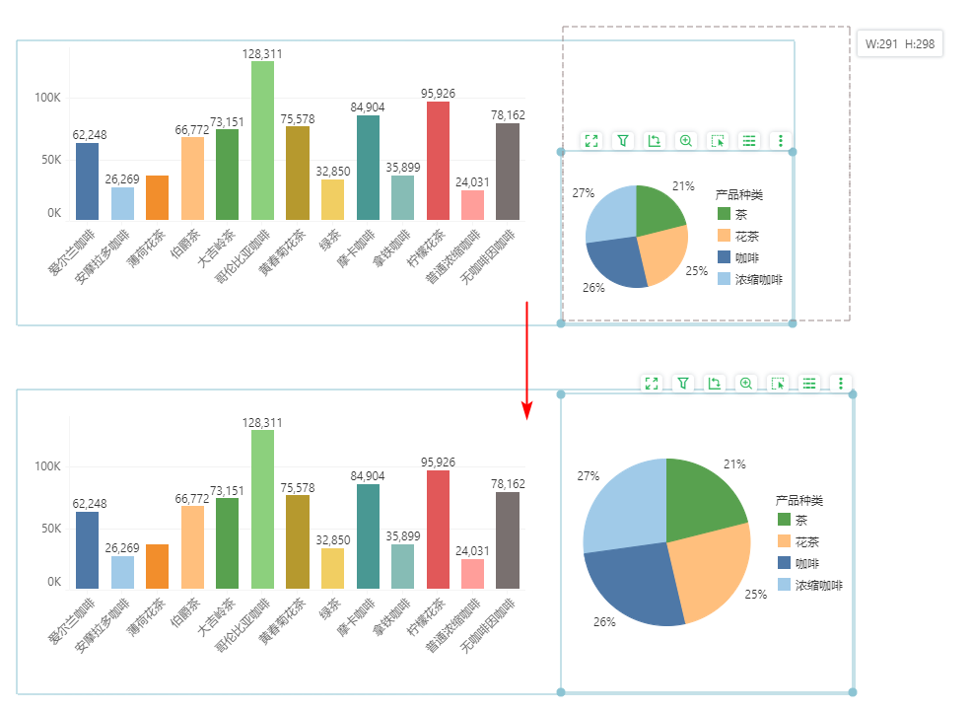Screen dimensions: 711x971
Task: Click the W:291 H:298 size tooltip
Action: click(x=900, y=43)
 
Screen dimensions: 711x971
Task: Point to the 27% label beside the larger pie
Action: click(x=589, y=475)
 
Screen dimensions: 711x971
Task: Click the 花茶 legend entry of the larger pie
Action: click(x=807, y=541)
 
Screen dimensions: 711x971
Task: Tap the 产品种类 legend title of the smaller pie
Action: click(x=739, y=195)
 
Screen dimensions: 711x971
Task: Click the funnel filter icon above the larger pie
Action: click(x=683, y=383)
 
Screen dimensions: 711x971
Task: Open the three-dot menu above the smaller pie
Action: click(x=781, y=141)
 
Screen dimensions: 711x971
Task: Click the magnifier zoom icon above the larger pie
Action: click(x=746, y=383)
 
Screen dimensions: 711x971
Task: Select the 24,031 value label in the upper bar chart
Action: click(x=472, y=181)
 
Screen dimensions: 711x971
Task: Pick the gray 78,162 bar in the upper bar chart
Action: click(x=507, y=172)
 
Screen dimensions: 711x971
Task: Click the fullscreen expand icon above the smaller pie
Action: click(x=591, y=141)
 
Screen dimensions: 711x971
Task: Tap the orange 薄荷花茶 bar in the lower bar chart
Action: click(x=158, y=566)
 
